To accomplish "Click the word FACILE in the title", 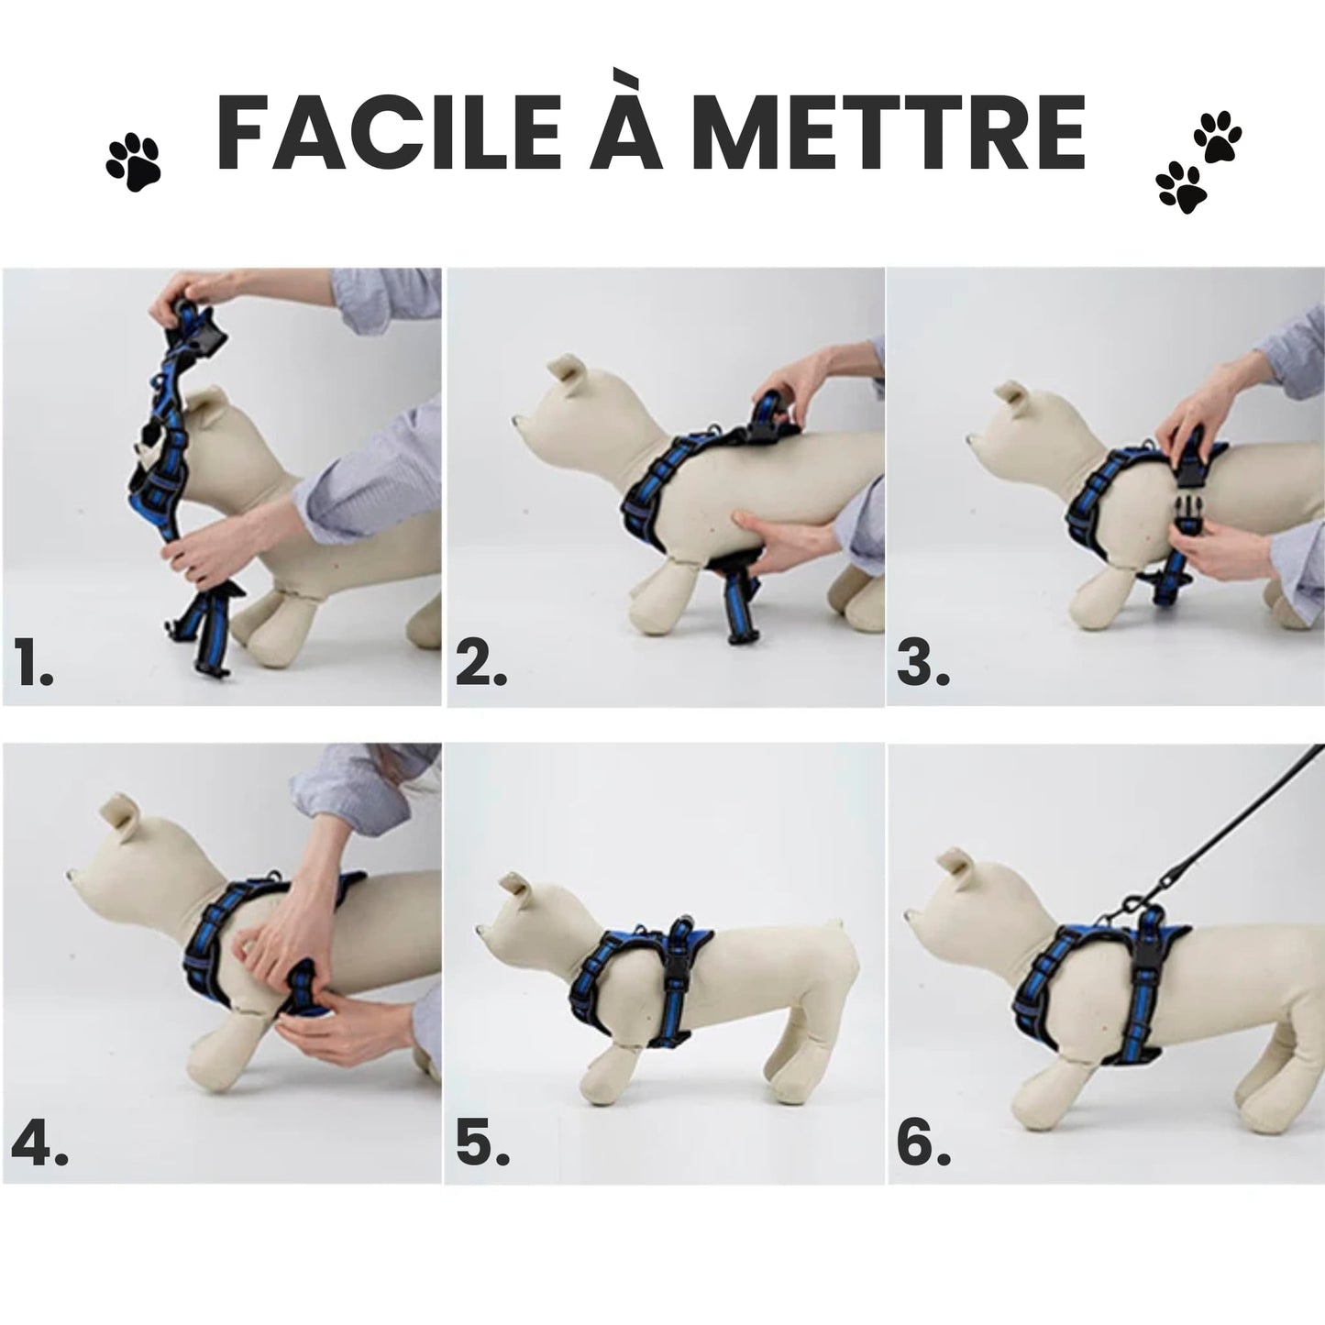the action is pos(389,133).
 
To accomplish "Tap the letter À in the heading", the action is pos(628,124).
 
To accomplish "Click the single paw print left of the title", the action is pos(133,162).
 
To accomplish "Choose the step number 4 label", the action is pos(39,1144).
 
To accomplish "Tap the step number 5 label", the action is pos(482,1144).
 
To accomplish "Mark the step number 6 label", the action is pos(924,1144).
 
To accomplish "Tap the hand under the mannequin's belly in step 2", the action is pos(777,537).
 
